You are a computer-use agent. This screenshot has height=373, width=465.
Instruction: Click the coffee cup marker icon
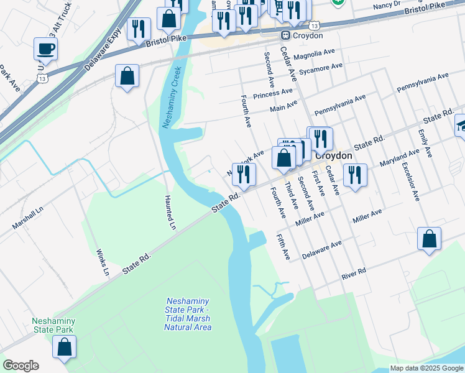tap(45, 48)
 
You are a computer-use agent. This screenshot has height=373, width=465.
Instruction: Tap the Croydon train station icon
tap(286, 35)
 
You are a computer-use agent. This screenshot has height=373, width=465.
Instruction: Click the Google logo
tap(21, 366)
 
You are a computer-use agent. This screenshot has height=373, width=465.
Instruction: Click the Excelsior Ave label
tap(410, 181)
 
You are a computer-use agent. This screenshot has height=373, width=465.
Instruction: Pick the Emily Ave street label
tap(425, 144)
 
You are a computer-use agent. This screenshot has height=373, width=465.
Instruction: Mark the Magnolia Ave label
tap(316, 55)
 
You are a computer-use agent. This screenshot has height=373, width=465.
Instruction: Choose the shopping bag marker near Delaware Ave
tap(429, 239)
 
